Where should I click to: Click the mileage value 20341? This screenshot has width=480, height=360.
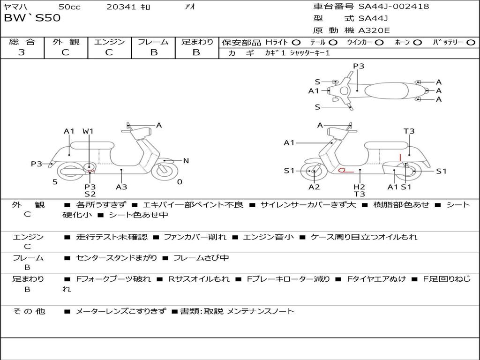(x=121, y=7)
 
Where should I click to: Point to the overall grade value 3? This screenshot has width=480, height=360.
(x=22, y=52)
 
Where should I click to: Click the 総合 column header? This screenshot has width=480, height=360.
(x=22, y=42)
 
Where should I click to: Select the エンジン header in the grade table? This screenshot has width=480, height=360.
(x=109, y=42)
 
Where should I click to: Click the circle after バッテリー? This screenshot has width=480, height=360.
(x=471, y=42)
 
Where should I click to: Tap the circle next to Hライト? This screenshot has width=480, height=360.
(x=296, y=42)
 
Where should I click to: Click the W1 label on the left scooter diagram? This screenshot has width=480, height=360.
(x=88, y=131)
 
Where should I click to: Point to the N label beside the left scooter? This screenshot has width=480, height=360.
(x=186, y=161)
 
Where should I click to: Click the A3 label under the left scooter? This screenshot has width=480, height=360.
(x=121, y=187)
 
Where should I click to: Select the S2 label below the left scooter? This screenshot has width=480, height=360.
(x=90, y=194)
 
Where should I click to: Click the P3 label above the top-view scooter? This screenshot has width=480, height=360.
(x=359, y=66)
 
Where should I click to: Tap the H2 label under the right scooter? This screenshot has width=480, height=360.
(x=360, y=187)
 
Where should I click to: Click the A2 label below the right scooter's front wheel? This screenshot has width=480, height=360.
(x=314, y=187)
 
